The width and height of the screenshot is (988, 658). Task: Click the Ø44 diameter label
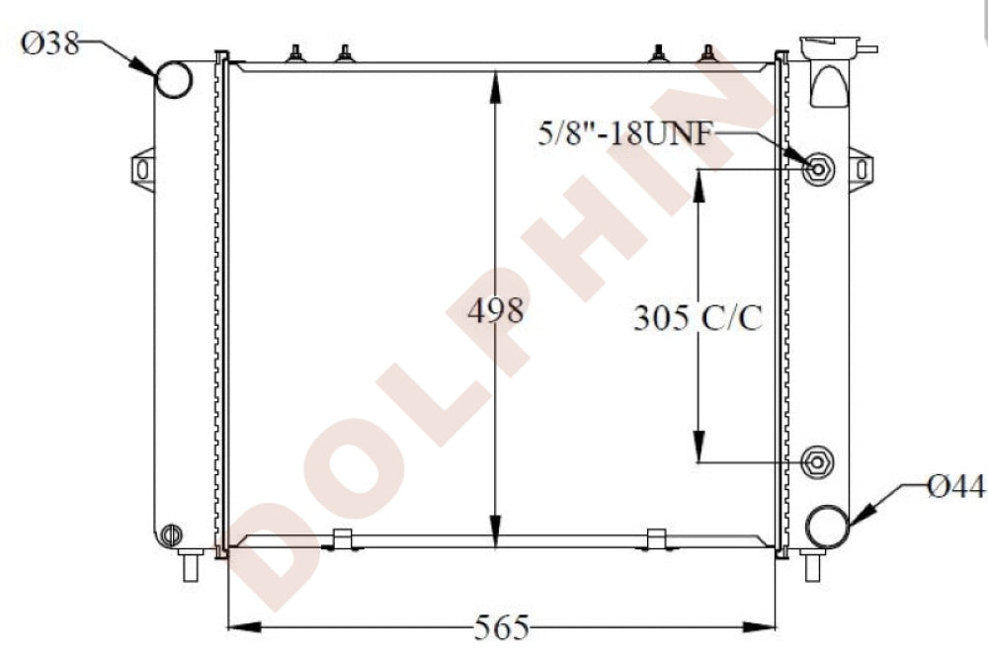coord(955,485)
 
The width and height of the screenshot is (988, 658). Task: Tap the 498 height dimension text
coord(495,312)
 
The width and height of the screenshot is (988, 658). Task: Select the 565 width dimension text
coord(502,626)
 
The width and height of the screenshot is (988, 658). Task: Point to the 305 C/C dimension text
coord(699,318)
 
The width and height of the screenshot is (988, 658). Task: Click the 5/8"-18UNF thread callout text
coord(623,133)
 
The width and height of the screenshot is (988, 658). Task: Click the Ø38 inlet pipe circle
coord(174,79)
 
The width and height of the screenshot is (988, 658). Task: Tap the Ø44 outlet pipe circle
coord(826,527)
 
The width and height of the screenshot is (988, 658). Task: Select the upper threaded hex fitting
coord(818,169)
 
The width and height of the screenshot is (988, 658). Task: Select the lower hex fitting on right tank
coord(817,461)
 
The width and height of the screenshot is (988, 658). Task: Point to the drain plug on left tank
coord(171,535)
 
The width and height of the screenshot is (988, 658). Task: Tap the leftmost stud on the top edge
coord(294,53)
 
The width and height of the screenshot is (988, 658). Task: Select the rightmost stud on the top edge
coord(708,53)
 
